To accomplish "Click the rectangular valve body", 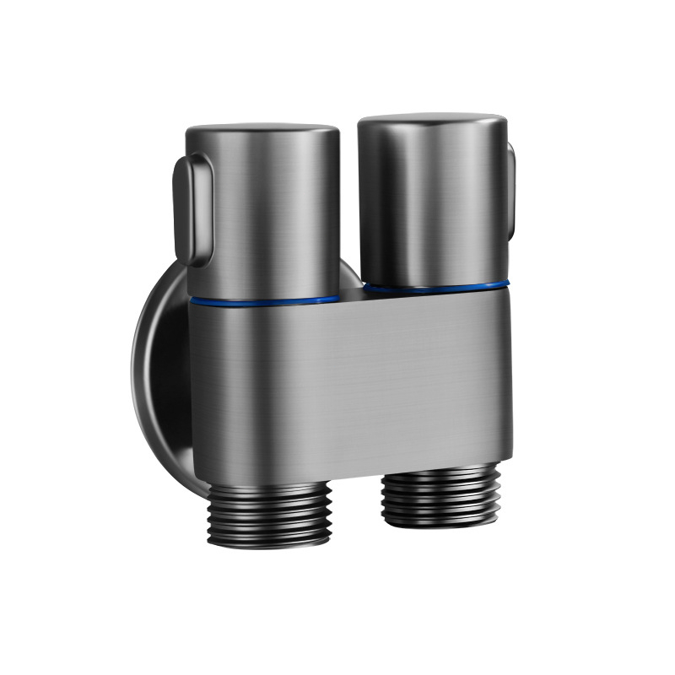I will [350, 380].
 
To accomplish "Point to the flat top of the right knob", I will [432, 121].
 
